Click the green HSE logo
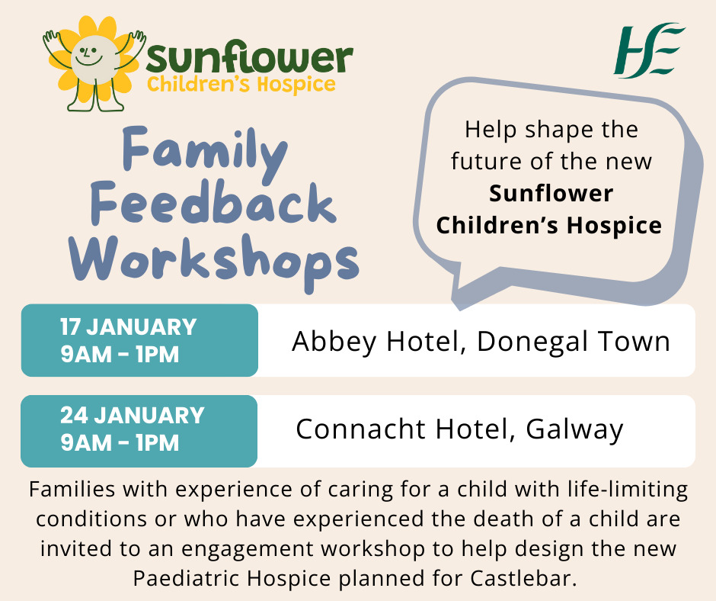pos(649,50)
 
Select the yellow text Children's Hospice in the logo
pos(241,85)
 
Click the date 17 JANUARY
pos(128,327)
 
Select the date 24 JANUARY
pos(133,416)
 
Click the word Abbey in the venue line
pos(334,341)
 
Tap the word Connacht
pos(360,429)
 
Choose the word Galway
pos(574,430)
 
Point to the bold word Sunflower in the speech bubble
pos(551,193)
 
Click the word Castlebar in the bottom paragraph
pos(523,578)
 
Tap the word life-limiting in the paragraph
pos(628,490)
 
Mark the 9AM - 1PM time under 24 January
pos(120,443)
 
